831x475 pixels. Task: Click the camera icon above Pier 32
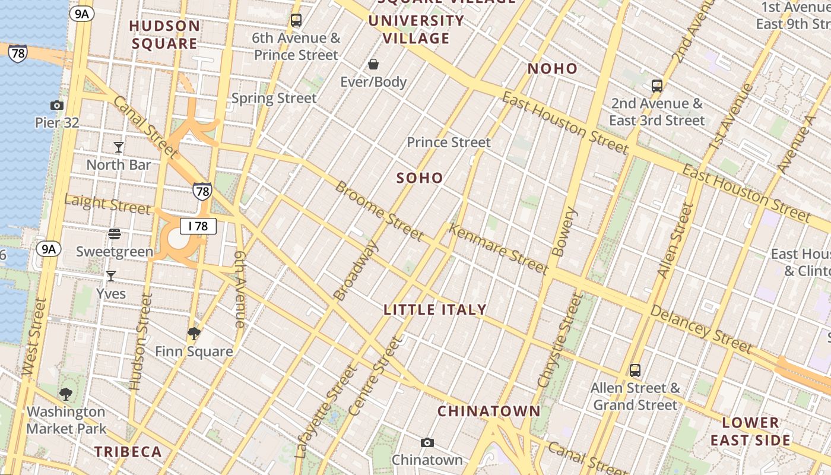pos(57,106)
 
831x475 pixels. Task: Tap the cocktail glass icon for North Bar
pos(119,147)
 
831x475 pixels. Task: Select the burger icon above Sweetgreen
pos(115,234)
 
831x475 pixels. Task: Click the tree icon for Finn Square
pos(194,334)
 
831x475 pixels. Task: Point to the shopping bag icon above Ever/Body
pos(373,64)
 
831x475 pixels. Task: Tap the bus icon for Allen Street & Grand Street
pos(635,370)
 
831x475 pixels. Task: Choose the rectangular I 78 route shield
pos(198,226)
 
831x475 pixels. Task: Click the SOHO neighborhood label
pos(420,178)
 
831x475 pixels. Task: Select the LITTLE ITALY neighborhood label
pos(435,309)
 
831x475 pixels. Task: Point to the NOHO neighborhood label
pos(553,69)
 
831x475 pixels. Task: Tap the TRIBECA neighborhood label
pos(128,452)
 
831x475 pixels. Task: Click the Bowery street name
pos(564,232)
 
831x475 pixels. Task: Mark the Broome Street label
pos(380,211)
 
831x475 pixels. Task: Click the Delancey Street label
pos(702,328)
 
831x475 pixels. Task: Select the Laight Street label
pos(107,204)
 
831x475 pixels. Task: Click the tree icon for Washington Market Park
pos(66,394)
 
